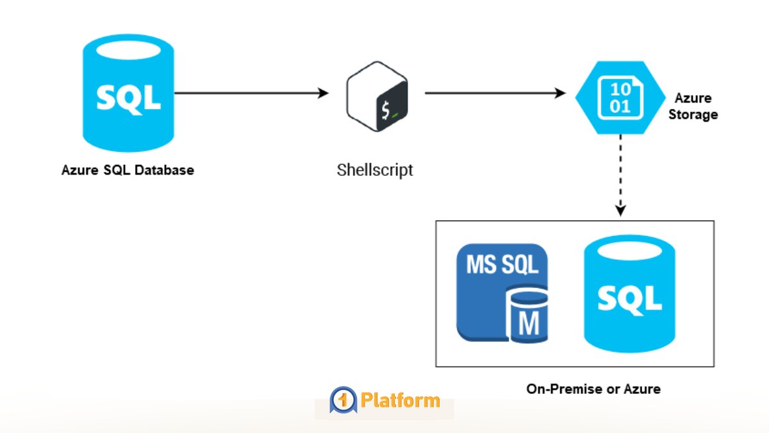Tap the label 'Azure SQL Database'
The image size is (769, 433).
128,171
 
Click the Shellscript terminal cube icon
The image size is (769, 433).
377,97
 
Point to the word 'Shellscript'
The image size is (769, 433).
375,171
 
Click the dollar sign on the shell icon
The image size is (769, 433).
385,110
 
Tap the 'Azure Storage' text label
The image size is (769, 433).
695,106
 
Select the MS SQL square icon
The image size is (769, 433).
502,293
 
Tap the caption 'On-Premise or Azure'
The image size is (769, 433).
593,389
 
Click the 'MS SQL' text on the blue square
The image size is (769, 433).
502,264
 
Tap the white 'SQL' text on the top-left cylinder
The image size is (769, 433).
128,98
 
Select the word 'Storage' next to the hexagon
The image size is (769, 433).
695,115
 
